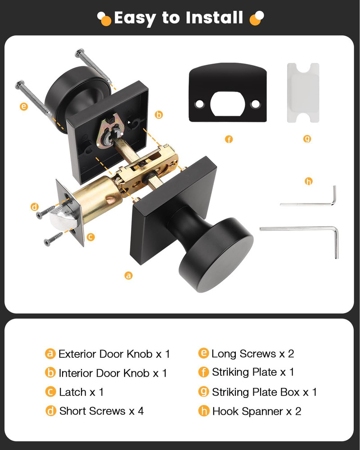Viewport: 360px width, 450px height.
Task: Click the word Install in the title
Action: (211, 18)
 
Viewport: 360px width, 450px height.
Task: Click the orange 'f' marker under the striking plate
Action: (229, 139)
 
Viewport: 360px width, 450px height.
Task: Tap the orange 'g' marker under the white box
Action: (307, 139)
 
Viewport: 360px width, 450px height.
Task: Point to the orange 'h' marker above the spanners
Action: (308, 181)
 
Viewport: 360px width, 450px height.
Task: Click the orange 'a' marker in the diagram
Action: (129, 275)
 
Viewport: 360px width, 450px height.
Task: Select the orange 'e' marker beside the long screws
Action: (24, 107)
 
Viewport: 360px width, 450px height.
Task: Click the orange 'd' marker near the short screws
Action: (35, 207)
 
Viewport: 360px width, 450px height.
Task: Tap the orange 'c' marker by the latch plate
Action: (90, 237)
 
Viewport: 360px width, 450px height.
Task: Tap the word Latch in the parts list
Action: (72, 392)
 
